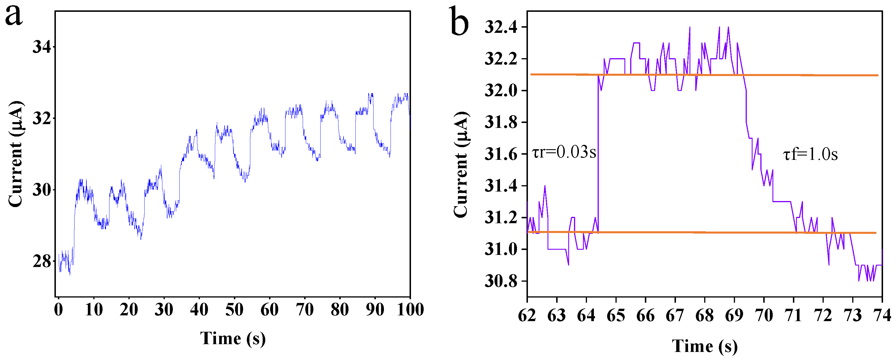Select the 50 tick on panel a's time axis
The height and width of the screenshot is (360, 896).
click(x=234, y=310)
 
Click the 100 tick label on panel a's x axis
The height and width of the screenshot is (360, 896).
click(x=410, y=310)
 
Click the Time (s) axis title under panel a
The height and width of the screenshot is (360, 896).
click(x=233, y=338)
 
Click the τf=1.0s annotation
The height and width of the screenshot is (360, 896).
click(x=810, y=154)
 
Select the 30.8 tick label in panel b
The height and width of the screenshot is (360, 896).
click(x=501, y=281)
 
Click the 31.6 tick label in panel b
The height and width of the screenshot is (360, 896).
click(x=501, y=154)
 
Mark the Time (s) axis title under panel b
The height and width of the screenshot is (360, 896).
click(x=704, y=346)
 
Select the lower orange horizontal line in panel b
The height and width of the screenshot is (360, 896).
click(x=661, y=232)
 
